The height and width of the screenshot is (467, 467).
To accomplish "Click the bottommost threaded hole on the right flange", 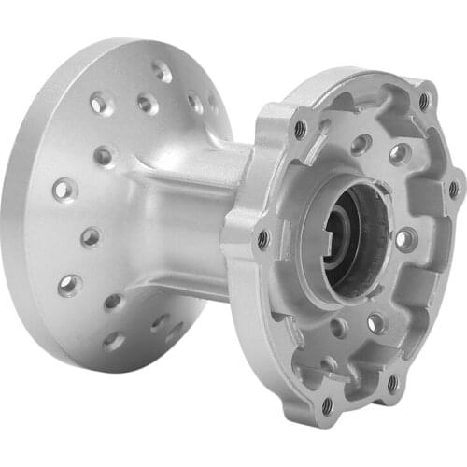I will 327,405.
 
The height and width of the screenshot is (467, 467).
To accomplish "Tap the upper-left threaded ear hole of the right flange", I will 300,129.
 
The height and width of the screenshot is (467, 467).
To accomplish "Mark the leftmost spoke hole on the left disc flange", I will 63,190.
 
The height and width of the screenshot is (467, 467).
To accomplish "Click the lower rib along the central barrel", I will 187,280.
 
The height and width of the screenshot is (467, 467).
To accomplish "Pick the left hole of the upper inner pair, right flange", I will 360,144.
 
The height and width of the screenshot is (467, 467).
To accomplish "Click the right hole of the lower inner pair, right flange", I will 375,323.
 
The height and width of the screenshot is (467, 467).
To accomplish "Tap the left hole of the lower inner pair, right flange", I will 338,328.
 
